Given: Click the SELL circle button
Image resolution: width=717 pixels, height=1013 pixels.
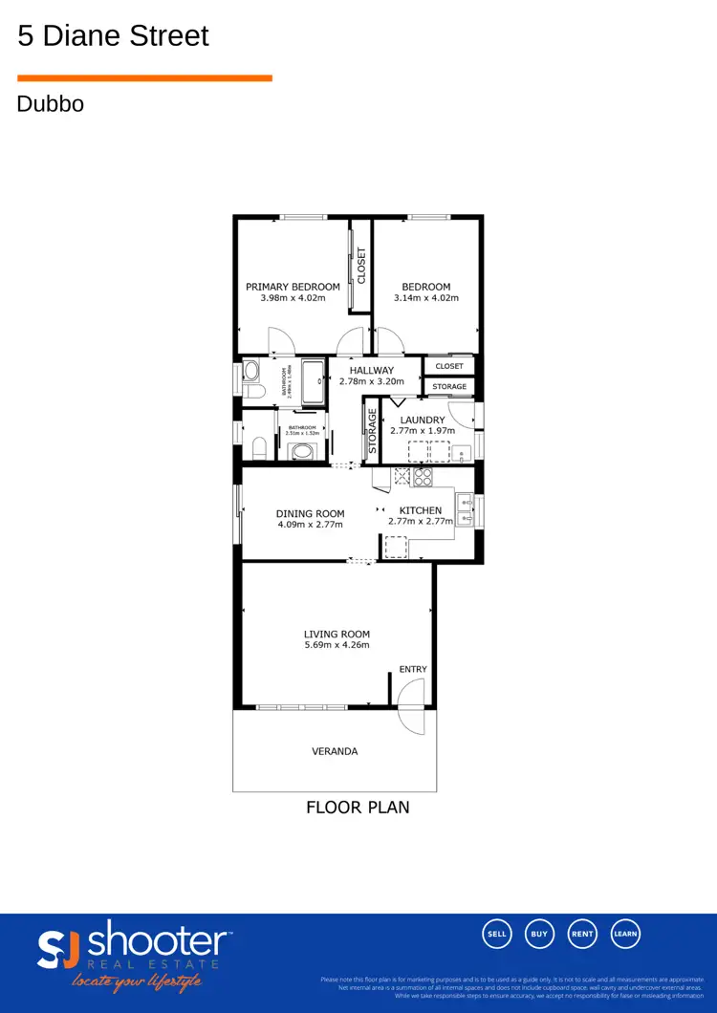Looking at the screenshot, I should (497, 934).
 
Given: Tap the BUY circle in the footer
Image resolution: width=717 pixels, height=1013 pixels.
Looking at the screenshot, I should (540, 934).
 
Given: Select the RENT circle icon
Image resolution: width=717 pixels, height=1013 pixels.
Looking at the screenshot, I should (583, 934).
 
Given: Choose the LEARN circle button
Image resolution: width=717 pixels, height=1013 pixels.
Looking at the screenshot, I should (625, 934).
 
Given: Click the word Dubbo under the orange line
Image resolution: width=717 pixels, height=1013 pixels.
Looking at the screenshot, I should (50, 103).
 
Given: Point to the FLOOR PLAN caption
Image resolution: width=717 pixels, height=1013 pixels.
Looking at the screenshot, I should (358, 808).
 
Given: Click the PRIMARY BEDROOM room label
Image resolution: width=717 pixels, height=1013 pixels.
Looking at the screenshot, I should (293, 287).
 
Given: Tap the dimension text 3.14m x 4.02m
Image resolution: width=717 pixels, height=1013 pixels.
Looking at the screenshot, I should (426, 298).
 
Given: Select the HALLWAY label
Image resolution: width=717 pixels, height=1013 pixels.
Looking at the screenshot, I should (371, 371).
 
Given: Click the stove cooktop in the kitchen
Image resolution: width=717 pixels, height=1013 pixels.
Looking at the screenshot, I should (423, 475).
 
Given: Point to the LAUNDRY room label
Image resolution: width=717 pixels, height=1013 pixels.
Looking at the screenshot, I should (422, 420).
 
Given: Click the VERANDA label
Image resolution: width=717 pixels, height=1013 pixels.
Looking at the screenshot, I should (335, 751).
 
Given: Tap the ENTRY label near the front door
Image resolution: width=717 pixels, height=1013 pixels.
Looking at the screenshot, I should (413, 669).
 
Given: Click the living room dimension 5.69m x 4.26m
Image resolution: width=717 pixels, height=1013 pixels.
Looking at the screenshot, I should (337, 645).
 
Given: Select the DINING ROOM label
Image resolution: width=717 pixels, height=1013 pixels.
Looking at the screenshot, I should (310, 513).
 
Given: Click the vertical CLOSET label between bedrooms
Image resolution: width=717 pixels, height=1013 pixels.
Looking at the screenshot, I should (361, 266).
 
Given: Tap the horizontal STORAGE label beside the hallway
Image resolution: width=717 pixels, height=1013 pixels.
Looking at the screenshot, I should (449, 387).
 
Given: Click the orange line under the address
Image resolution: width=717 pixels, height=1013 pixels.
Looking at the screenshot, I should (144, 78).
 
